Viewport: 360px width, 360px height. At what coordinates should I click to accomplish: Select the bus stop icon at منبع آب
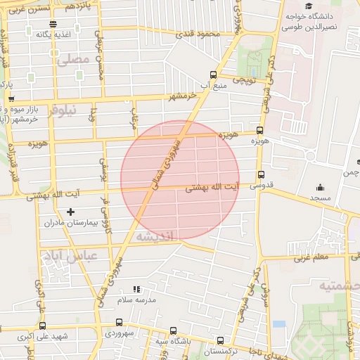click(213, 75)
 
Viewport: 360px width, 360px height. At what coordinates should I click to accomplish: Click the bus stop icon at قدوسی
click(262, 175)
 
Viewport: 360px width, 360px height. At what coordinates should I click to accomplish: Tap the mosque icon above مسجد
click(321, 187)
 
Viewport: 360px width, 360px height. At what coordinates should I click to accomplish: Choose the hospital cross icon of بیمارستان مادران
click(70, 212)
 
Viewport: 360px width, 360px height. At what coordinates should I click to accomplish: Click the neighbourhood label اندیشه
click(159, 236)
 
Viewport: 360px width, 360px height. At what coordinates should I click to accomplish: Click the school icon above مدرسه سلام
click(136, 288)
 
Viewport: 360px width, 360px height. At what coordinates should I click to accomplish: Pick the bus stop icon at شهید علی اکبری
click(42, 326)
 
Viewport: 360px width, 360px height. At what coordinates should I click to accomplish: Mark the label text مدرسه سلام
click(135, 300)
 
